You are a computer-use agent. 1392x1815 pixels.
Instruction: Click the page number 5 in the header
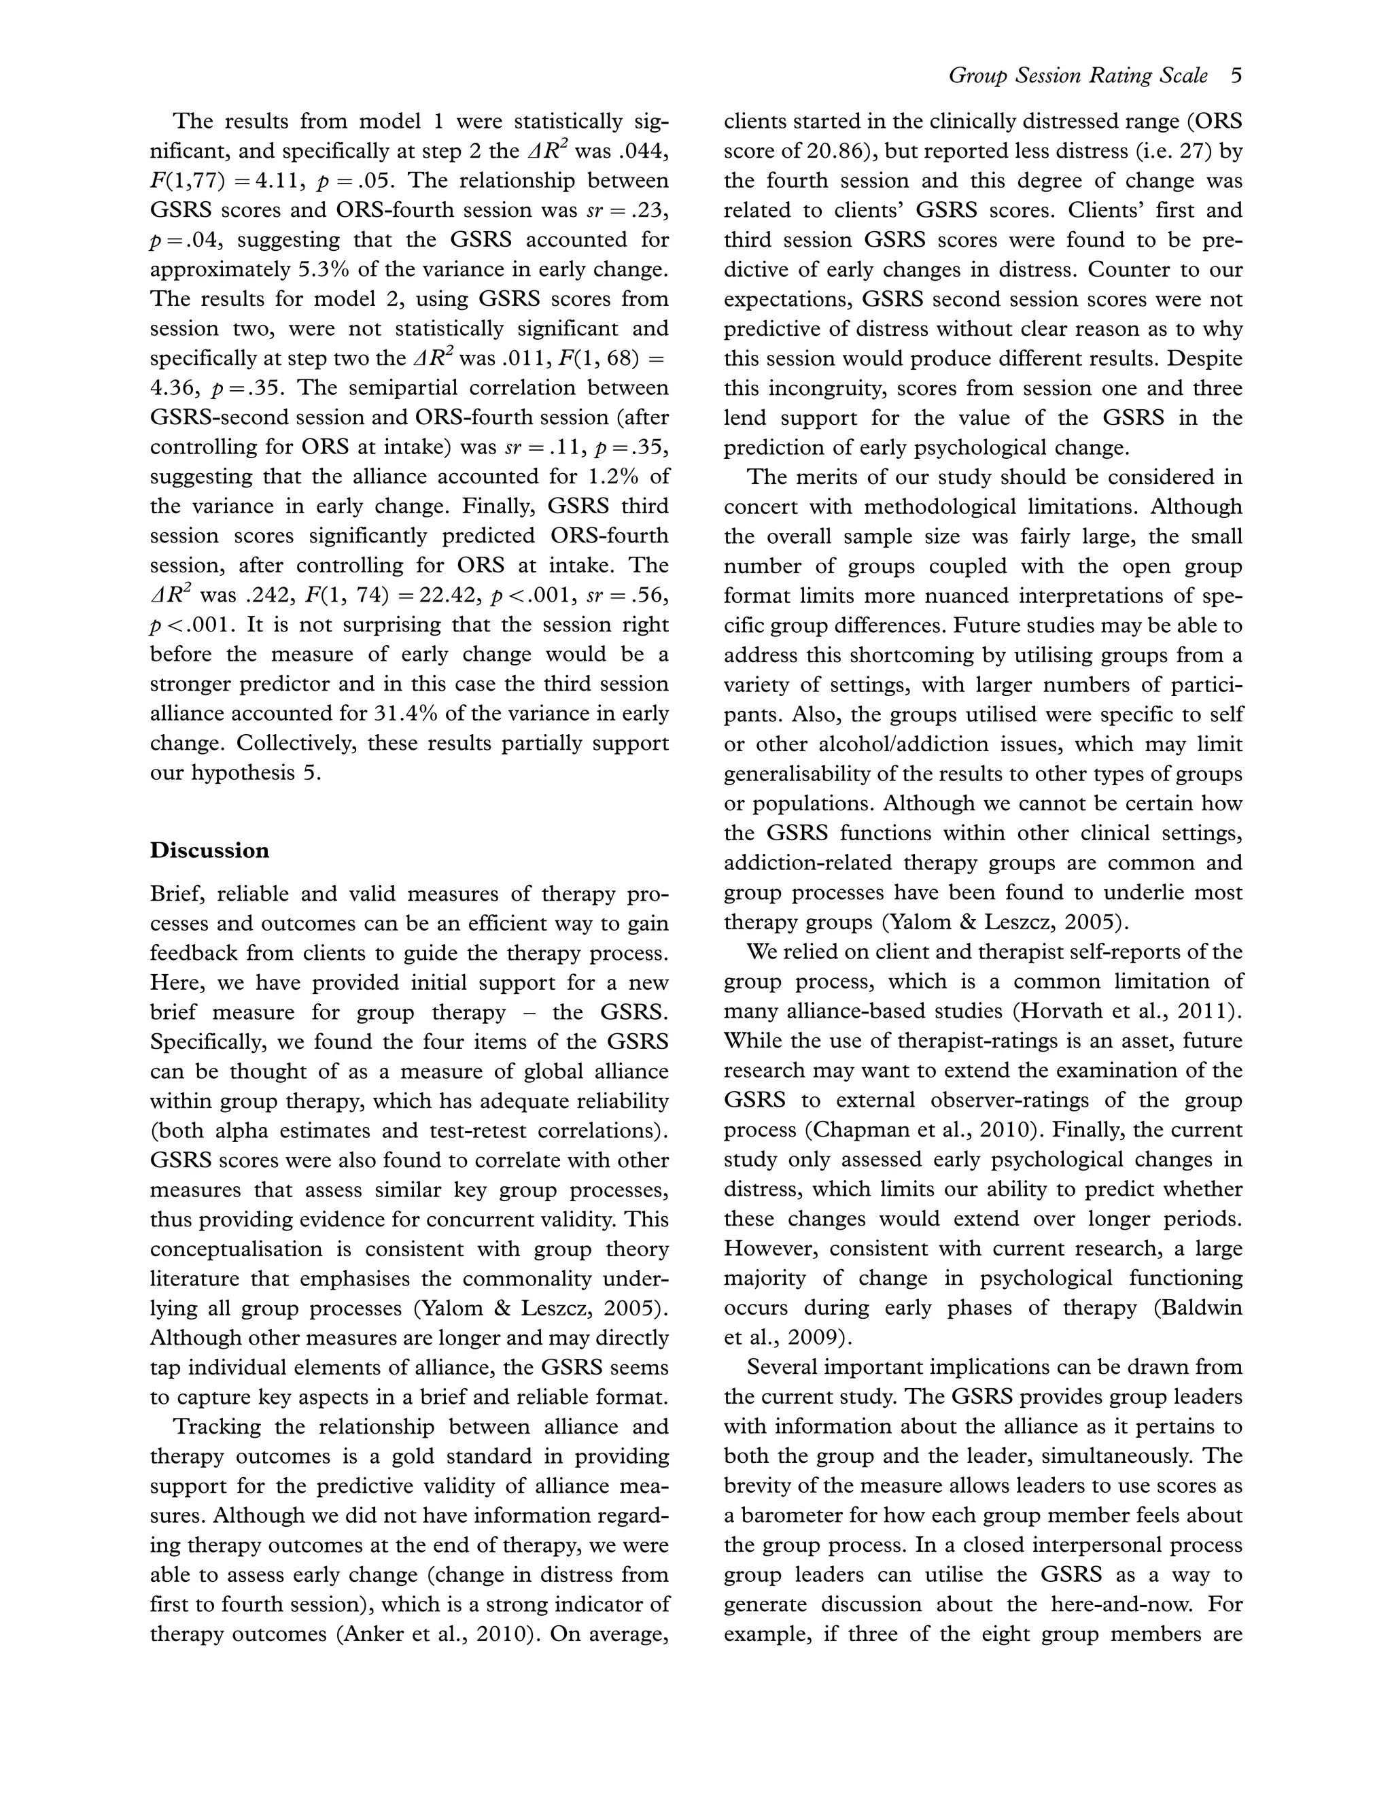click(1236, 76)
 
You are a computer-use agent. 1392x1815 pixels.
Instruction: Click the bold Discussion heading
click(209, 850)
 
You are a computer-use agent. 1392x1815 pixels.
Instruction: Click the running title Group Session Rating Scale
click(1078, 76)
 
